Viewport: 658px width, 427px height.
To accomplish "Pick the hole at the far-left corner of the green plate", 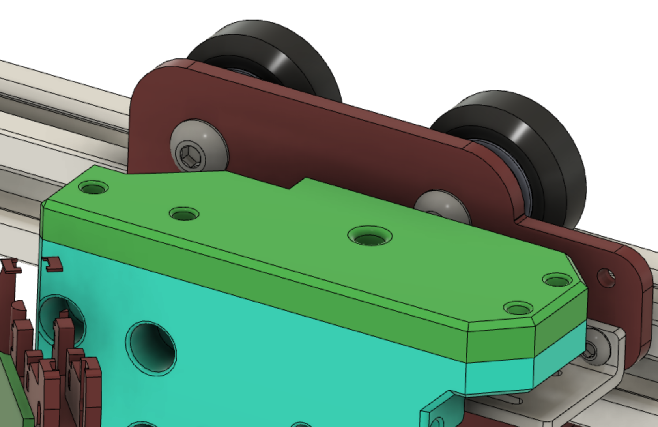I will pyautogui.click(x=93, y=187).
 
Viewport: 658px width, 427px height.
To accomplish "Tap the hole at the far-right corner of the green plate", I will pyautogui.click(x=557, y=280).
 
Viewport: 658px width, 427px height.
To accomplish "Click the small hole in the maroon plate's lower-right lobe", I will pyautogui.click(x=606, y=277).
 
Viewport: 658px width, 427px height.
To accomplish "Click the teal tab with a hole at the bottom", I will pyautogui.click(x=438, y=414).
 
